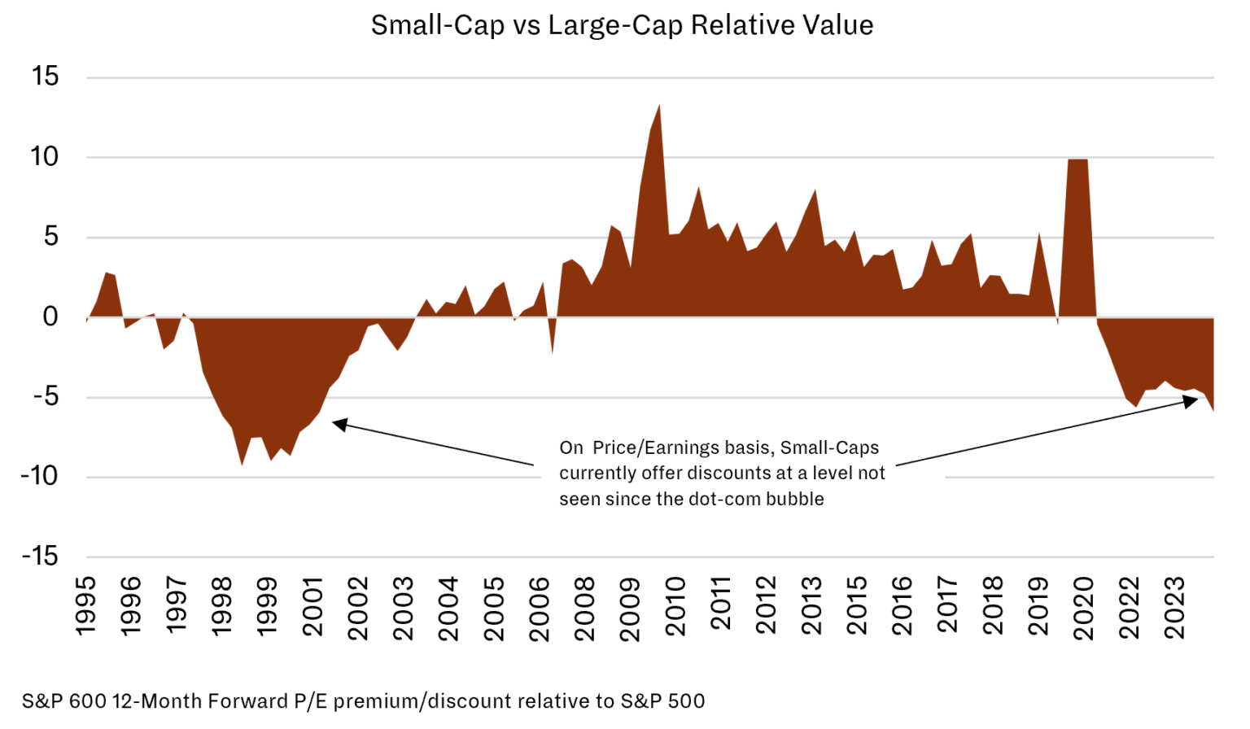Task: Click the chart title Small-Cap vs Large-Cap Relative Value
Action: click(622, 25)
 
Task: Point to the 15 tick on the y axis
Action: click(46, 76)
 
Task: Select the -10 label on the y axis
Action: click(39, 476)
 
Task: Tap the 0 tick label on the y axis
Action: click(50, 316)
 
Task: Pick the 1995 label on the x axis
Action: click(85, 606)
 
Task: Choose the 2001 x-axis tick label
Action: click(312, 606)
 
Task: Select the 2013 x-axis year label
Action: click(811, 606)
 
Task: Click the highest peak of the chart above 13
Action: click(658, 106)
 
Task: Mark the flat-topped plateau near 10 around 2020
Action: click(1077, 160)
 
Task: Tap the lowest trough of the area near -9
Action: click(242, 464)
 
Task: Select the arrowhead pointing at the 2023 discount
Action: click(1191, 400)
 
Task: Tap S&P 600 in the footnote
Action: click(63, 701)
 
